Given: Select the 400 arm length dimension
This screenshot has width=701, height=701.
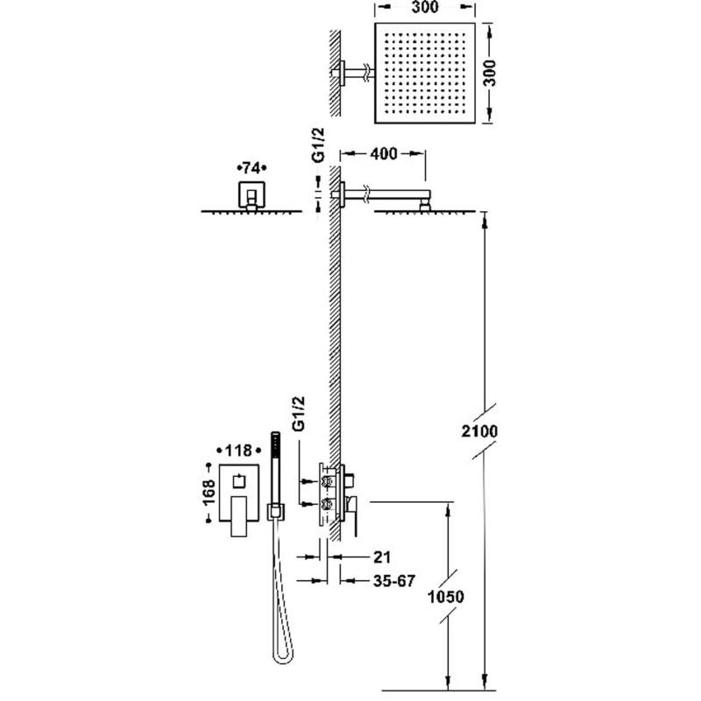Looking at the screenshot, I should click(x=384, y=153).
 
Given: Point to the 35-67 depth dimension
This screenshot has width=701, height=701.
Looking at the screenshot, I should click(x=378, y=579).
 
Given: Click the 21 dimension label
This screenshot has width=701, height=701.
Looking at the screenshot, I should click(x=379, y=556).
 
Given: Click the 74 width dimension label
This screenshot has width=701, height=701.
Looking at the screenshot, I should click(x=251, y=167).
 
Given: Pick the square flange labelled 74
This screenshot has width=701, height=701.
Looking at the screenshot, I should click(x=251, y=195).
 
